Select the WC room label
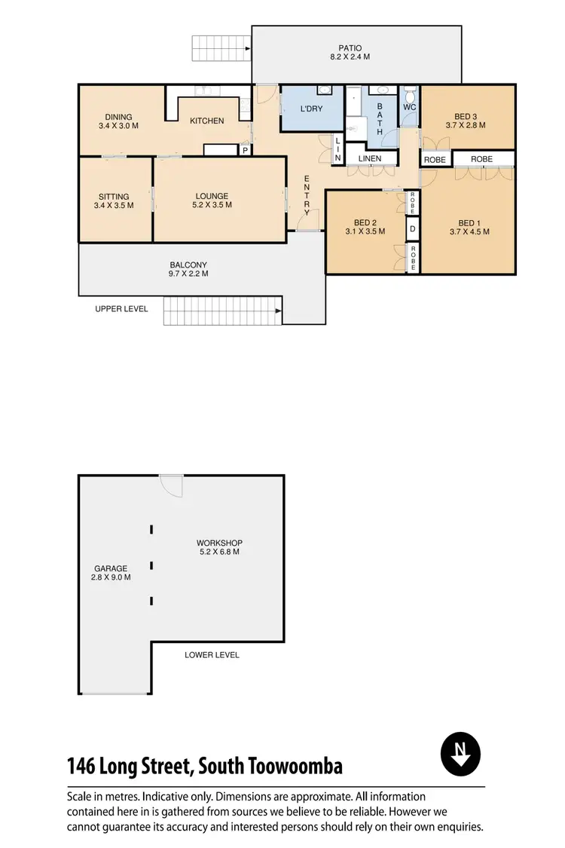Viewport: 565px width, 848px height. pos(409,108)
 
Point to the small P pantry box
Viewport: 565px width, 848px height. pos(244,150)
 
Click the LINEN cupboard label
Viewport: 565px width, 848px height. pos(369,159)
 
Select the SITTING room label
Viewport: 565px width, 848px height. pos(114,196)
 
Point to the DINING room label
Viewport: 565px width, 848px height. pos(119,117)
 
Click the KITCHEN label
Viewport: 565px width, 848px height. pos(206,121)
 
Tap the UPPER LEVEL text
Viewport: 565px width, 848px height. pos(121,309)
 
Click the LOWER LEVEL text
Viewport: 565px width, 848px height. pos(212,655)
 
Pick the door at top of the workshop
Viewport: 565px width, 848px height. pos(171,485)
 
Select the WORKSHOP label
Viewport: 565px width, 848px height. pos(219,543)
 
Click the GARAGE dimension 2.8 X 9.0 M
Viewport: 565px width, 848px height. pos(111,578)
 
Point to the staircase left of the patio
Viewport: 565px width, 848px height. pos(221,49)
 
